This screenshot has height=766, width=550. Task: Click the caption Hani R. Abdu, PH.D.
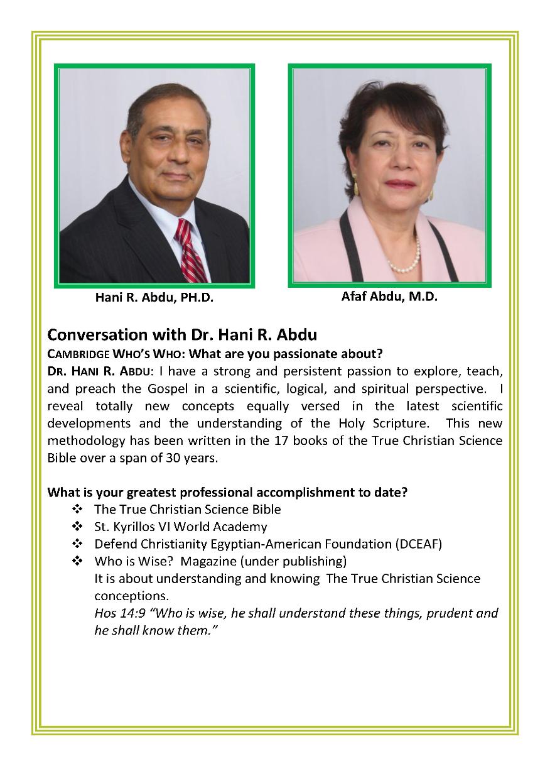click(154, 298)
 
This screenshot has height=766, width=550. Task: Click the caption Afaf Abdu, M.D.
click(389, 297)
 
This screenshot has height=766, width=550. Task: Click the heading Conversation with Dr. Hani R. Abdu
click(182, 334)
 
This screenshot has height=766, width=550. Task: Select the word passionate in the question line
click(306, 353)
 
